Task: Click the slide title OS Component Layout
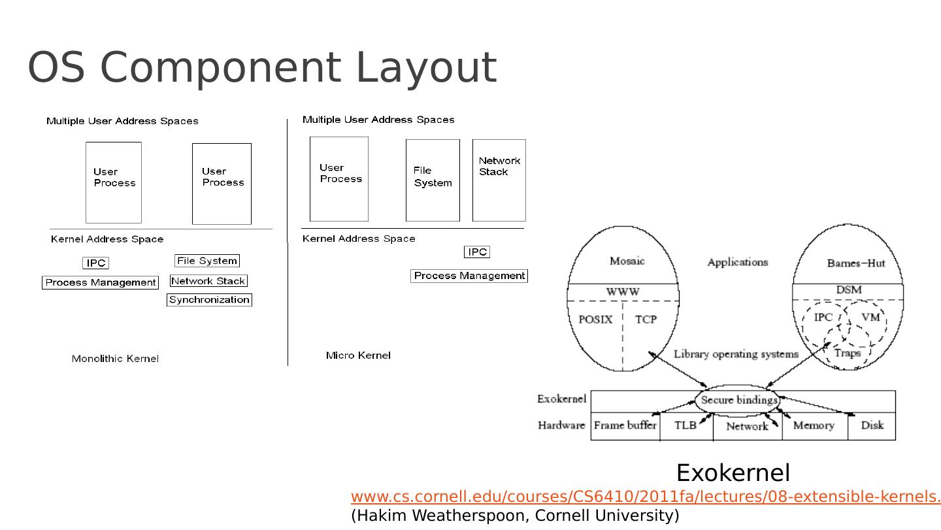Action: [262, 67]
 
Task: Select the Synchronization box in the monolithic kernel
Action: [209, 300]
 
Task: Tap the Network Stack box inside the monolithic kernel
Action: [208, 281]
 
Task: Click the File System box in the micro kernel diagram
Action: [433, 180]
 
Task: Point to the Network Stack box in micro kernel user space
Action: [499, 180]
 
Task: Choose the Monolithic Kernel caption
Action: [115, 359]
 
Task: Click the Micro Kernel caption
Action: [358, 356]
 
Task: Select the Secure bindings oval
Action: [738, 400]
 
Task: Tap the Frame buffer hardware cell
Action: [625, 425]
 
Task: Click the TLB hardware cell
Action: [685, 425]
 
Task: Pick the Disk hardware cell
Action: [872, 425]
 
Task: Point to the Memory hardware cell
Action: [814, 425]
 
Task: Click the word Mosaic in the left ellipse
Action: [627, 261]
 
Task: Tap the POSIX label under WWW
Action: [595, 320]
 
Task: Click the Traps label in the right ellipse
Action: [848, 353]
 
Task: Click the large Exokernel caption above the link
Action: [733, 472]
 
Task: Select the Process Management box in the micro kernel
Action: [469, 276]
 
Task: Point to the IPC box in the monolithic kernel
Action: [95, 263]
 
